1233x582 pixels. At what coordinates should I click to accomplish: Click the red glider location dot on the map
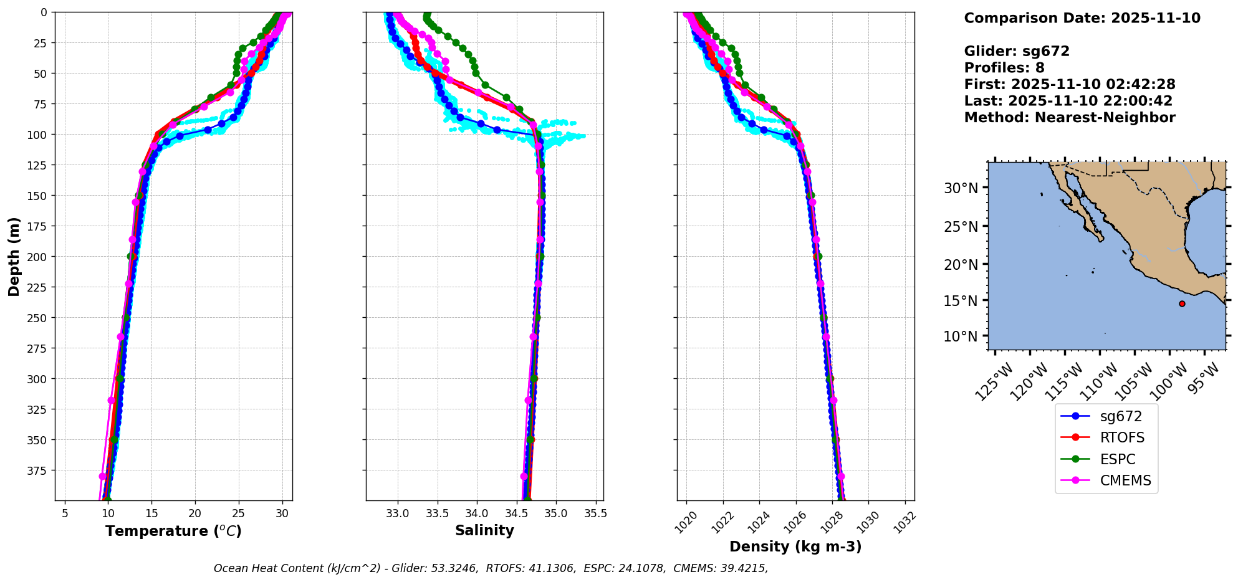[x=1182, y=303]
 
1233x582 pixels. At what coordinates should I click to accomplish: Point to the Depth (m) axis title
[x=14, y=256]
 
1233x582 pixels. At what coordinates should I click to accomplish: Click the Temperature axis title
[x=173, y=531]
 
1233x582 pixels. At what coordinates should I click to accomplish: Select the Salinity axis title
[x=484, y=530]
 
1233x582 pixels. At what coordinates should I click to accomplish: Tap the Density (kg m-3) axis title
[x=795, y=546]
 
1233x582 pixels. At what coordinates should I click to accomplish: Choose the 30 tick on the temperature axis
[x=282, y=513]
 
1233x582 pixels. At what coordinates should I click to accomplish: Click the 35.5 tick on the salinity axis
[x=595, y=513]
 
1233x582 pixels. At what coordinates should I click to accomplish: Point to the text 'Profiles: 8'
[x=1004, y=68]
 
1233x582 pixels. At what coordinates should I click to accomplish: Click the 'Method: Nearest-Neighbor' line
[x=1070, y=117]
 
